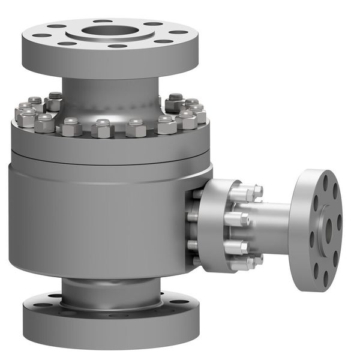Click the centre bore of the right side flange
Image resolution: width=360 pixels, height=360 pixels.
[x=328, y=227]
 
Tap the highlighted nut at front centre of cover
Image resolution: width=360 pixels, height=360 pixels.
[x=103, y=128]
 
